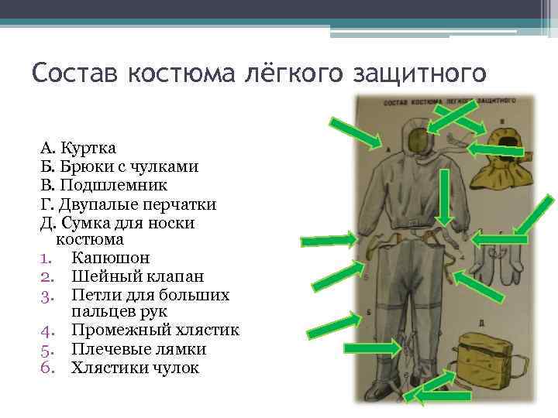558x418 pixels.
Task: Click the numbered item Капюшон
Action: tap(110, 258)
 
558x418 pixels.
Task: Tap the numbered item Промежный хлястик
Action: tap(155, 331)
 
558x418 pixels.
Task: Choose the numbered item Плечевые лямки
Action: tap(139, 349)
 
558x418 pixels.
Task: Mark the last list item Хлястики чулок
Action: tap(135, 368)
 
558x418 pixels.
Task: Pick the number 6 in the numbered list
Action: tap(46, 368)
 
